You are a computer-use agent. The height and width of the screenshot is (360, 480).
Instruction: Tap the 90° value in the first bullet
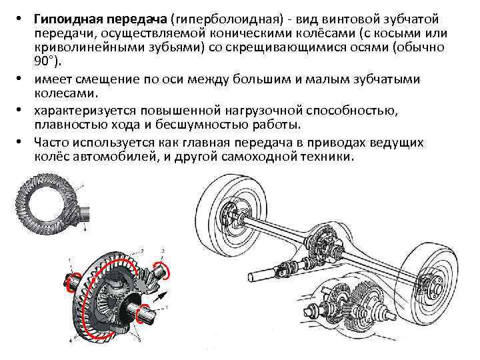[x=45, y=61]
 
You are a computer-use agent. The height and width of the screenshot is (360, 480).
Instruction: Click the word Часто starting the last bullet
[x=51, y=143]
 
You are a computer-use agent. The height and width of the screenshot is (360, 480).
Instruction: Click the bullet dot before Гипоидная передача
[x=19, y=19]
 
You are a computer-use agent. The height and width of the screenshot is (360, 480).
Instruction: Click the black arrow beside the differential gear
[x=161, y=297]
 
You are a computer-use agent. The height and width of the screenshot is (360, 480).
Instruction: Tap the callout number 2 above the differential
[x=142, y=251]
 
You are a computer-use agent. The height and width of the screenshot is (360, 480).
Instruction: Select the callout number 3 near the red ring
[x=163, y=251]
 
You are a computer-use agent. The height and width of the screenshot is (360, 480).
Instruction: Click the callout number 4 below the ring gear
[x=71, y=340]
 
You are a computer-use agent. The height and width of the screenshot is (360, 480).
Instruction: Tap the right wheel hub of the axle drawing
[x=432, y=284]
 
